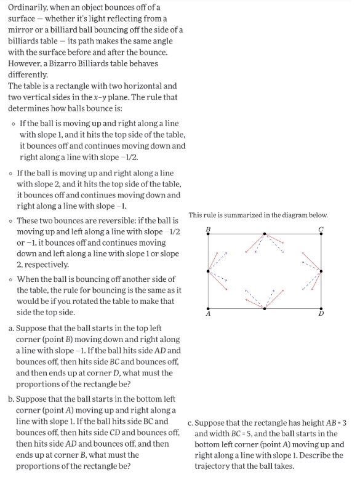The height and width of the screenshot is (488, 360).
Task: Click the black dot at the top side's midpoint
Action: point(265,234)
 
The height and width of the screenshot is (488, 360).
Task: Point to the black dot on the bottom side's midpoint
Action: point(265,307)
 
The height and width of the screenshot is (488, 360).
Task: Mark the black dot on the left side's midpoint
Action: point(209,270)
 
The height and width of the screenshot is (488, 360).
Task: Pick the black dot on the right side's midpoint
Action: point(321,270)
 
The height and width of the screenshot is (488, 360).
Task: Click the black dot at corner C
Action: point(321,234)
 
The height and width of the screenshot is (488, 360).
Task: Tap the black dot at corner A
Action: point(209,307)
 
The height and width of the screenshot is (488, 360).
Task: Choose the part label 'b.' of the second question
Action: point(12,399)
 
